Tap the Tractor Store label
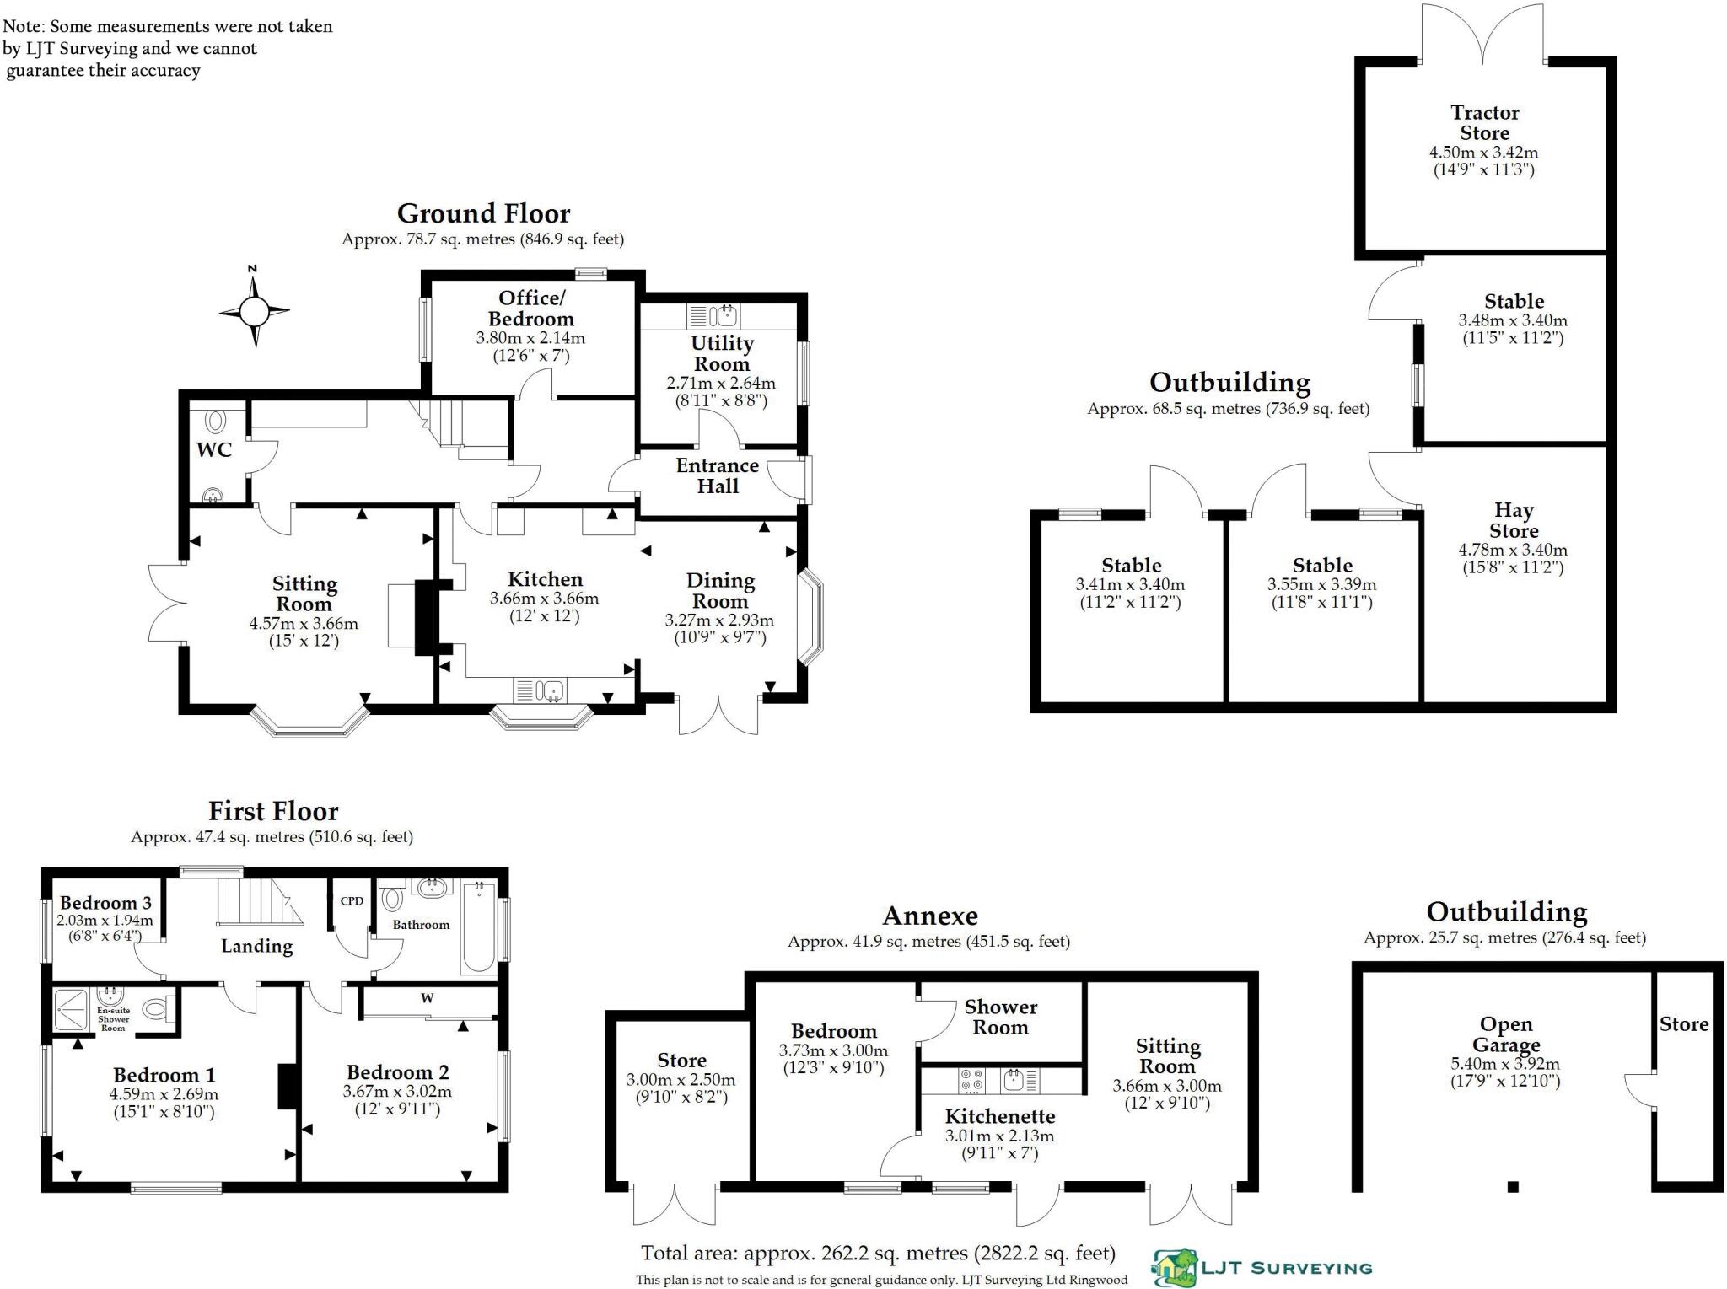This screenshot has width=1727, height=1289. tap(1484, 123)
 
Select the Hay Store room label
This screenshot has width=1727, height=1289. tap(1514, 520)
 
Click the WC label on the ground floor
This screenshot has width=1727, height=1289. tap(213, 450)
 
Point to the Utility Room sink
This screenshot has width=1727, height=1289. tap(724, 316)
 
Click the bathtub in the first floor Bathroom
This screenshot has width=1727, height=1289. tap(479, 926)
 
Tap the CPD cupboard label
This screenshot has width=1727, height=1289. tap(352, 900)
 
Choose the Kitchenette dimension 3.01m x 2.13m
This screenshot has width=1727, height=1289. tap(999, 1136)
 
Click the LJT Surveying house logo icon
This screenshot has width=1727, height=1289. tap(1176, 1268)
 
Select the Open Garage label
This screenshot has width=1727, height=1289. tap(1506, 1034)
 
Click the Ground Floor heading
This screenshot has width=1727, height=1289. tap(483, 213)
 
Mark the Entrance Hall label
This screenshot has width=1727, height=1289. tap(718, 475)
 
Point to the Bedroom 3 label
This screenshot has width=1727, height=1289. tap(105, 903)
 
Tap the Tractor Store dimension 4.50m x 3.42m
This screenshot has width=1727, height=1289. tap(1483, 153)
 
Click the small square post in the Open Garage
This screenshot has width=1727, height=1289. tap(1513, 1187)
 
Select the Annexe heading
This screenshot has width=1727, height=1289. tap(930, 916)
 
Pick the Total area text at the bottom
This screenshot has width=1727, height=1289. tap(878, 1254)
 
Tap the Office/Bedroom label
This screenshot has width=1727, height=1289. tap(531, 309)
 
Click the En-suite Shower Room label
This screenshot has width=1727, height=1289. tap(113, 1018)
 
